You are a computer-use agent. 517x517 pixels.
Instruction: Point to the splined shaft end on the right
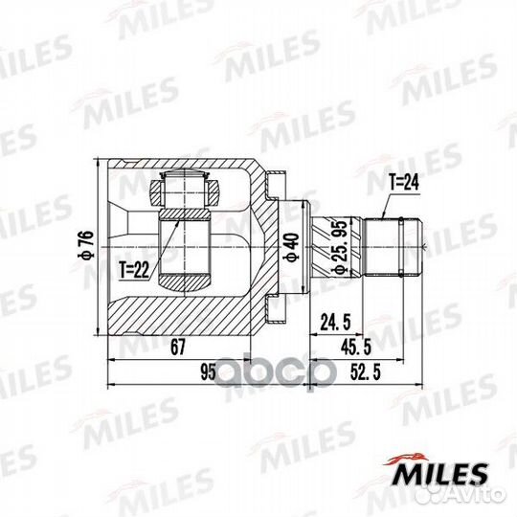pos(393,247)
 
